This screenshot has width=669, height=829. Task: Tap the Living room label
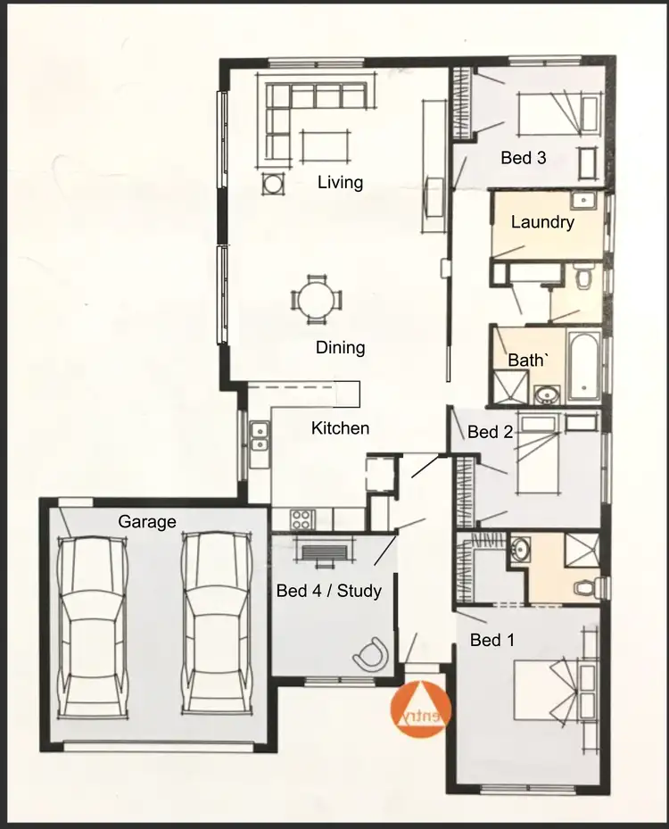tap(341, 183)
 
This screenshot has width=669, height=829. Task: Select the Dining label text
tap(341, 348)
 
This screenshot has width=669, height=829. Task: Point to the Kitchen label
tap(340, 428)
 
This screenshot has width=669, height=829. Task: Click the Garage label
tap(147, 522)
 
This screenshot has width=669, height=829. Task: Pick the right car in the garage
tap(215, 623)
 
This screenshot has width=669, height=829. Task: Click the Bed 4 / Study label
tap(329, 591)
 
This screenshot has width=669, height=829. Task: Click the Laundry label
tap(542, 222)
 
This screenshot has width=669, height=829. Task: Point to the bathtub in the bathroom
tap(585, 366)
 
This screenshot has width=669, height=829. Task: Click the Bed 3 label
tap(524, 158)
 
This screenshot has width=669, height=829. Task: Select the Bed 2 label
tap(491, 433)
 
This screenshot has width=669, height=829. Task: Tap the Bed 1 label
tap(492, 640)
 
